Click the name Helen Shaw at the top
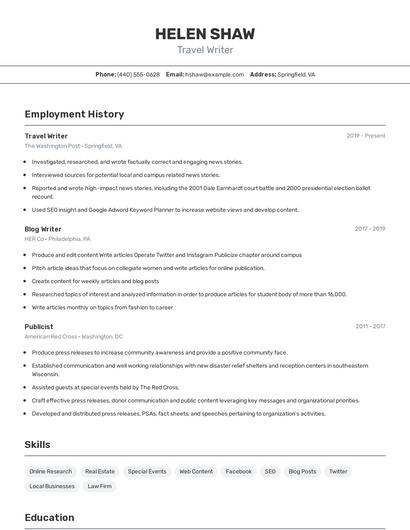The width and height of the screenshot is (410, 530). pos(204,34)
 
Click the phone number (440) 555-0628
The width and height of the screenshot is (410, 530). pos(138,75)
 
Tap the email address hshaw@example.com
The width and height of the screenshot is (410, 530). pos(214,75)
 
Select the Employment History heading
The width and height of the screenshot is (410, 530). pos(74,115)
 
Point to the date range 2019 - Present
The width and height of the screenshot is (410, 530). pos(366,136)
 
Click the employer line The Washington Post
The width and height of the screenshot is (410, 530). pos(73,146)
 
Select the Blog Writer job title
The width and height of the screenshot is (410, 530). pos(43,229)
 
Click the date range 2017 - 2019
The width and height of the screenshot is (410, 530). pos(370,229)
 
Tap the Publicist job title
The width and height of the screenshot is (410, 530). pos(39,326)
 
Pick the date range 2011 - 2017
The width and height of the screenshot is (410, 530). pos(370,326)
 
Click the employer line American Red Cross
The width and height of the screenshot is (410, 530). pos(74,337)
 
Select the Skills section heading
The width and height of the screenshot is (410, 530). pos(38,444)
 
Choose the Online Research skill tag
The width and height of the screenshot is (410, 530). pos(51,471)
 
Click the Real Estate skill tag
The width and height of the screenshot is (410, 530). pos(100,471)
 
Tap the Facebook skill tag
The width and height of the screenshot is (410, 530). pos(238,471)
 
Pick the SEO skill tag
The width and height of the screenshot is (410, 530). pos(270,471)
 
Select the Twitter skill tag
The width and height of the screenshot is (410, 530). pos(338,471)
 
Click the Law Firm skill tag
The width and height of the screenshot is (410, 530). pos(99,486)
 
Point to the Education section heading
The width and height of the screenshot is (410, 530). pos(49,518)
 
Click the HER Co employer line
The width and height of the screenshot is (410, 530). pos(57,240)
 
